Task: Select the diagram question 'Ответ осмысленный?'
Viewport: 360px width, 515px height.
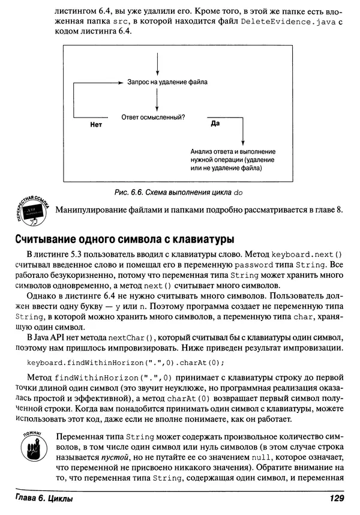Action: pyautogui.click(x=153, y=117)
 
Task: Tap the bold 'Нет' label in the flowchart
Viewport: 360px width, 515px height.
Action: pyautogui.click(x=96, y=125)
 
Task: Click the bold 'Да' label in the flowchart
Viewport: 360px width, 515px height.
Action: pyautogui.click(x=215, y=123)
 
